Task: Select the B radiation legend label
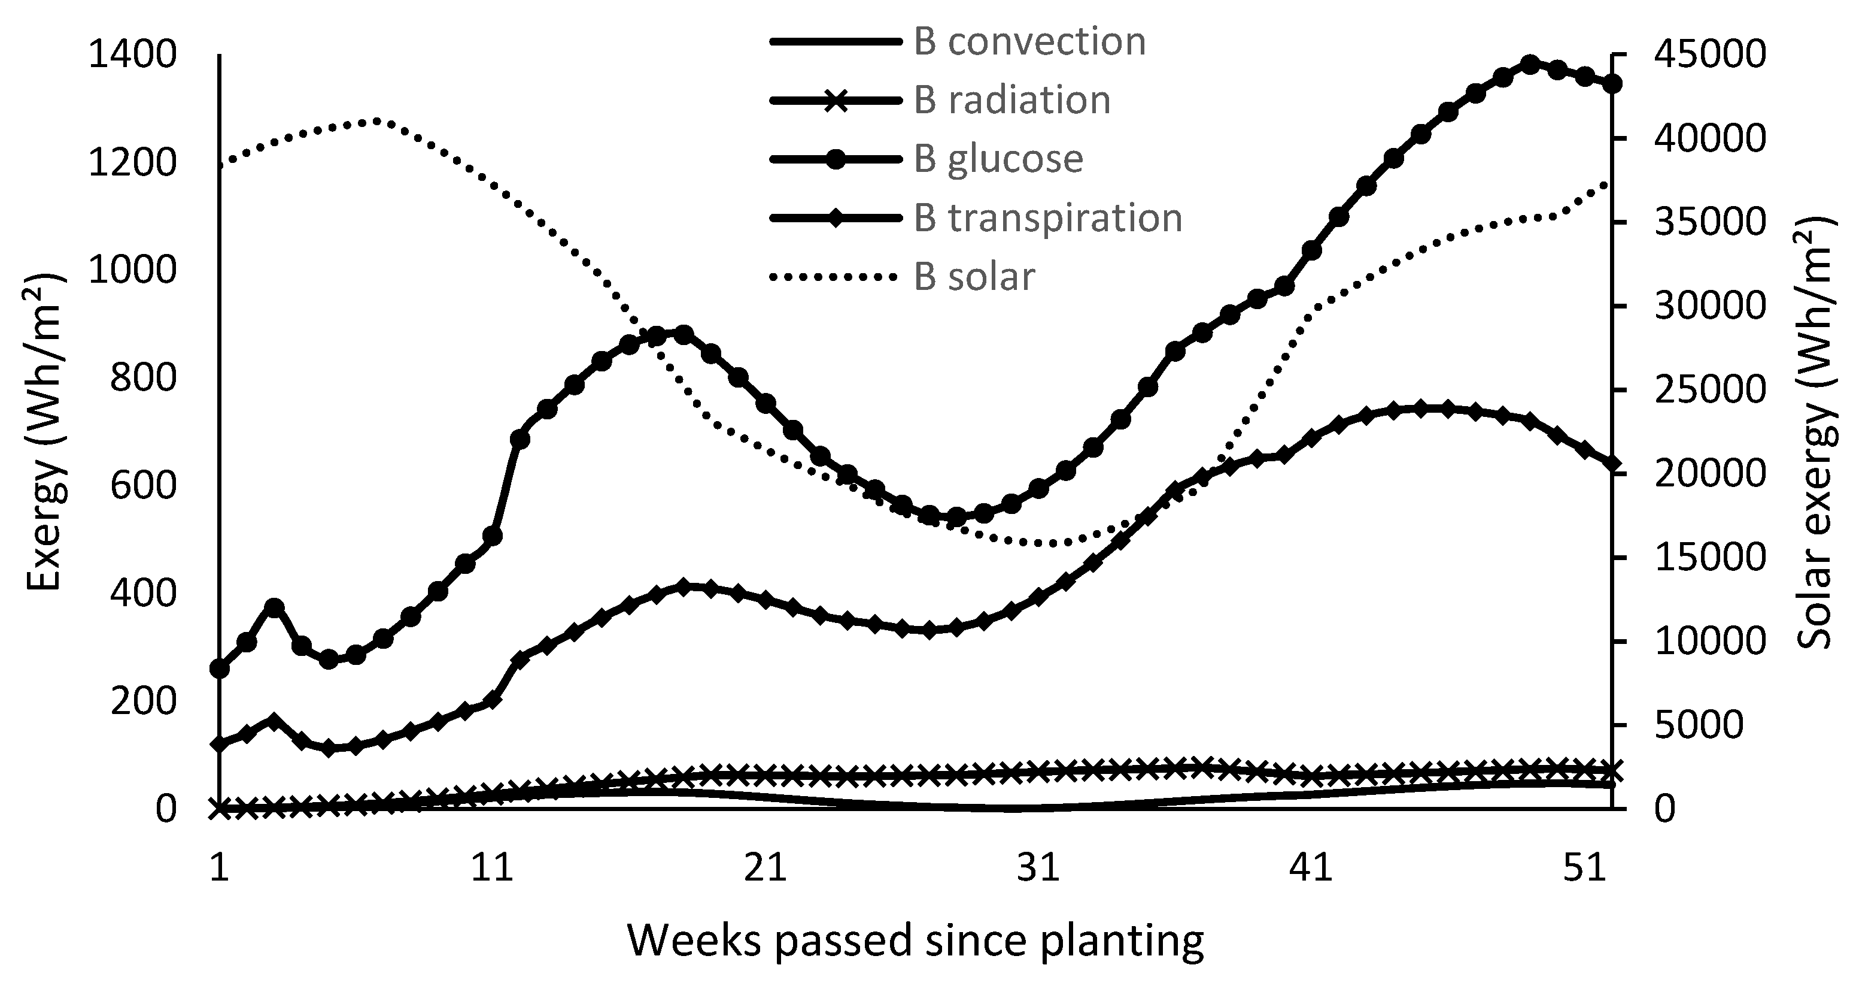click(1012, 100)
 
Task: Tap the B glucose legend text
click(998, 159)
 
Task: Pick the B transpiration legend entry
click(1048, 218)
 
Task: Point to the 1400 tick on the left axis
click(132, 56)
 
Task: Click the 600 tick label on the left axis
click(142, 486)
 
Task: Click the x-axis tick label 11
click(492, 868)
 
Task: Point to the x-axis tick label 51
click(1585, 868)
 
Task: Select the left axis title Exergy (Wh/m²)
click(45, 432)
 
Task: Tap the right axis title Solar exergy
click(1816, 432)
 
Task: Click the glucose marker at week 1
click(220, 669)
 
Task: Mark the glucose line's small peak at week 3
click(274, 607)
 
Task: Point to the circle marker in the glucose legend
click(836, 159)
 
